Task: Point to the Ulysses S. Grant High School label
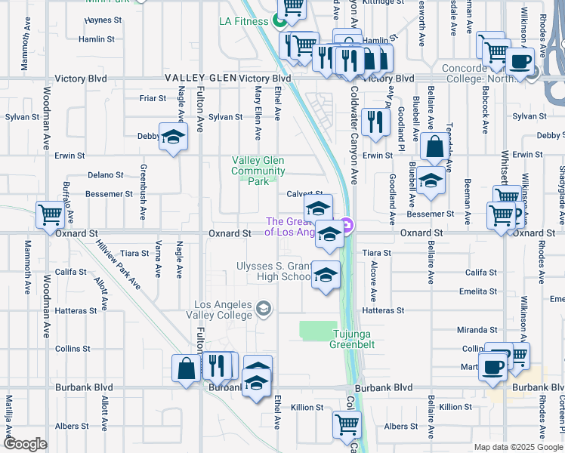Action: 273,271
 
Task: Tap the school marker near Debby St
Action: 173,137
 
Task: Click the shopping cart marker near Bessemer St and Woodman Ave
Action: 51,214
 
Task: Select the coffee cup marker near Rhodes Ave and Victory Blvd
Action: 520,62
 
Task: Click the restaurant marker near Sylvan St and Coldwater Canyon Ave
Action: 375,121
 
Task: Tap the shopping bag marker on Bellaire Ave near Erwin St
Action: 435,147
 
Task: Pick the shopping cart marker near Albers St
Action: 347,424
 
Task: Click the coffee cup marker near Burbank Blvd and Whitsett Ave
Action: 493,367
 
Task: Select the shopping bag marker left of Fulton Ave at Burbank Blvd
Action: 186,369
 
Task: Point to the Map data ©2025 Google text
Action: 517,447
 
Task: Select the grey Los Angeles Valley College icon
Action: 264,307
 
